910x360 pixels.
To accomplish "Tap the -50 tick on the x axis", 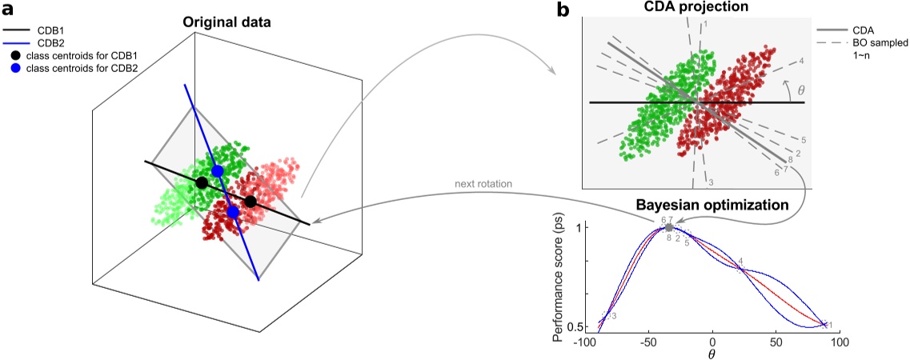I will pyautogui.click(x=633, y=342).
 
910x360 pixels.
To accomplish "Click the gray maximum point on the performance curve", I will pyautogui.click(x=669, y=228).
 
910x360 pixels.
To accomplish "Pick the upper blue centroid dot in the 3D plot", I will pyautogui.click(x=217, y=171).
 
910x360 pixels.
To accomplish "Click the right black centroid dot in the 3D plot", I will pyautogui.click(x=251, y=201).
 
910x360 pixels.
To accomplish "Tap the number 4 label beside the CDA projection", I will pyautogui.click(x=801, y=61).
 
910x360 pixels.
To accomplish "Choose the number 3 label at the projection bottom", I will pyautogui.click(x=711, y=183).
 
